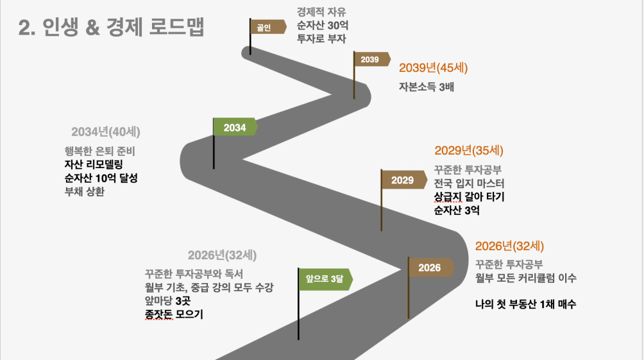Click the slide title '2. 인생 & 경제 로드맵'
click(112, 27)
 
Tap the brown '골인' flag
click(268, 27)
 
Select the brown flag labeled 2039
click(372, 60)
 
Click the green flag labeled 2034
click(235, 128)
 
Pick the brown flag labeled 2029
click(404, 180)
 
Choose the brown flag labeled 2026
click(431, 268)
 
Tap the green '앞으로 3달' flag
click(325, 279)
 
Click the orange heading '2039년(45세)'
click(434, 68)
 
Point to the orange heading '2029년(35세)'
click(469, 150)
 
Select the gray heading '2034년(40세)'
click(106, 132)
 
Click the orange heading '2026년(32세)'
click(509, 246)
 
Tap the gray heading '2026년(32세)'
click(222, 255)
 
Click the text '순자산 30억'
click(323, 26)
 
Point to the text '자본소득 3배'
click(427, 87)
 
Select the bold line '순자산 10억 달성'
click(101, 178)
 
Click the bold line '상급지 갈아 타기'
click(469, 197)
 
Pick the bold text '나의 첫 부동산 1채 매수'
click(526, 304)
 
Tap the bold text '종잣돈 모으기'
click(174, 314)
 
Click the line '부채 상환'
click(85, 191)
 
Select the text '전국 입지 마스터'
click(469, 184)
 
